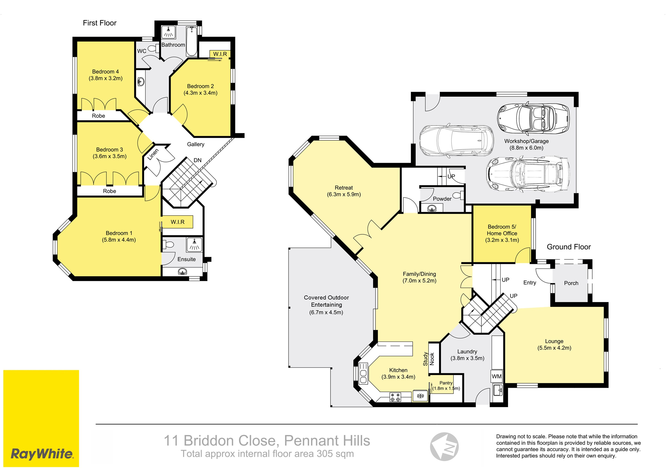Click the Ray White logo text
point(42,454)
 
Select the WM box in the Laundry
point(497,376)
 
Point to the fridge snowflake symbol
point(420,396)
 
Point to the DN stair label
point(197,160)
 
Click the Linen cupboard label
point(153,155)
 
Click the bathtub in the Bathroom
point(191,41)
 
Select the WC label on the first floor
point(142,51)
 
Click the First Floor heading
point(99,23)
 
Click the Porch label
point(571,283)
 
